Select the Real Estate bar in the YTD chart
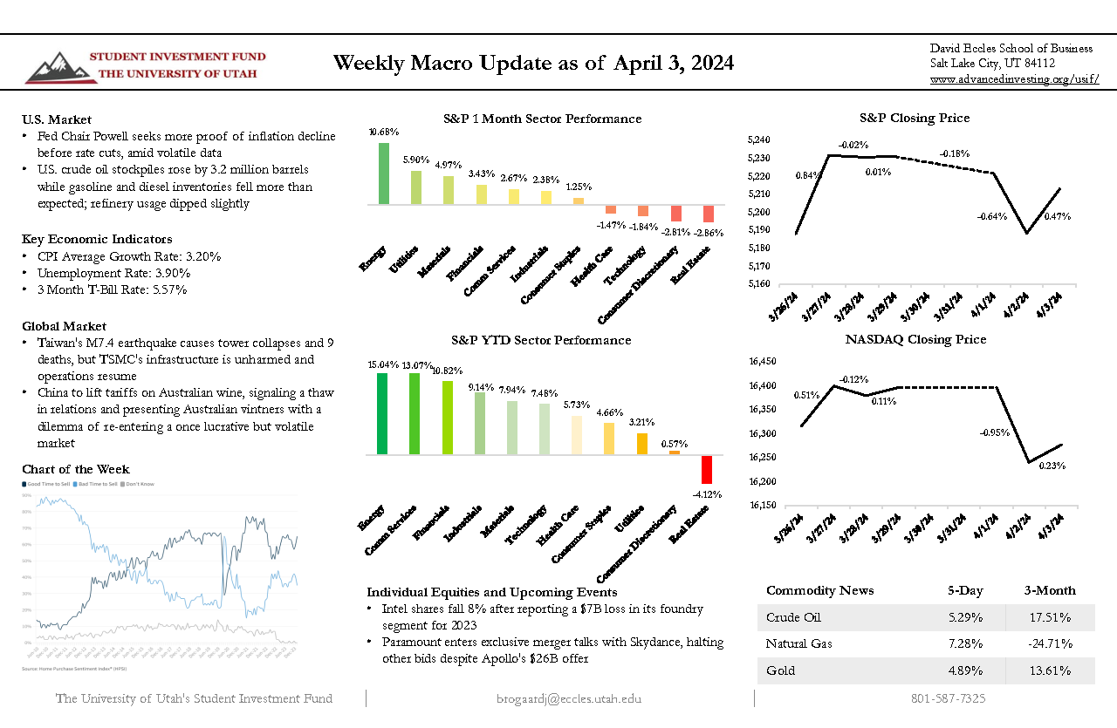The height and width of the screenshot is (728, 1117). [x=707, y=469]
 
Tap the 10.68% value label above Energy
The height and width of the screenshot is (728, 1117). [x=384, y=133]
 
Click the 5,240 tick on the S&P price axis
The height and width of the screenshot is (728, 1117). [x=760, y=139]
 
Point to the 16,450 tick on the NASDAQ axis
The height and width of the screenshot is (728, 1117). [x=763, y=361]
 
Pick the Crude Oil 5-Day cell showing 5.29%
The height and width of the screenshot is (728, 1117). [x=965, y=618]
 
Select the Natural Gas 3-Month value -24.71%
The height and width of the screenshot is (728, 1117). [x=1049, y=644]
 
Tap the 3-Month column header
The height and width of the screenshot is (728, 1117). [x=1050, y=591]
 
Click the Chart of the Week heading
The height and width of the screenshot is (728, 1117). [x=76, y=470]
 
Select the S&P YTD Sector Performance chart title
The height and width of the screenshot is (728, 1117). [x=541, y=340]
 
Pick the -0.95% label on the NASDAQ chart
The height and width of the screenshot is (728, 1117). [x=994, y=432]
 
